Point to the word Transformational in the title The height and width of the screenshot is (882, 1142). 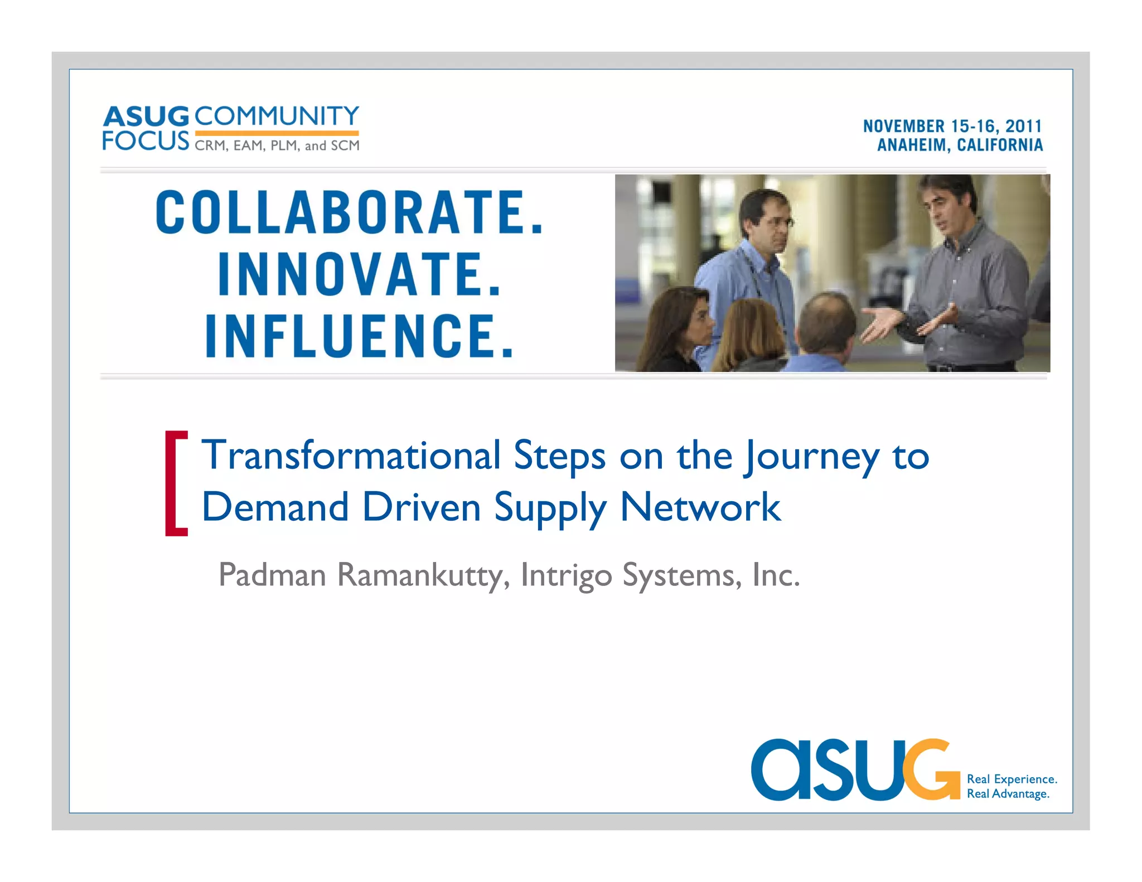[x=351, y=456]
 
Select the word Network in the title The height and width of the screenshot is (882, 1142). [x=700, y=507]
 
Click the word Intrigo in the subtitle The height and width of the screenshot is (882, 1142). [x=566, y=575]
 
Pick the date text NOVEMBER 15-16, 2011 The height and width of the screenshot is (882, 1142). [x=952, y=126]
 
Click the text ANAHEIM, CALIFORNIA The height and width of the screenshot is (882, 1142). [x=960, y=145]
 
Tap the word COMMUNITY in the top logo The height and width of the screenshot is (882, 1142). [x=277, y=116]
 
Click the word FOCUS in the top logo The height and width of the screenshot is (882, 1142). [x=146, y=140]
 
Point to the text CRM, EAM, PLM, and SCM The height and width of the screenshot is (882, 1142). [x=277, y=146]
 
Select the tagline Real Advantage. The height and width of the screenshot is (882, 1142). [x=1008, y=794]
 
